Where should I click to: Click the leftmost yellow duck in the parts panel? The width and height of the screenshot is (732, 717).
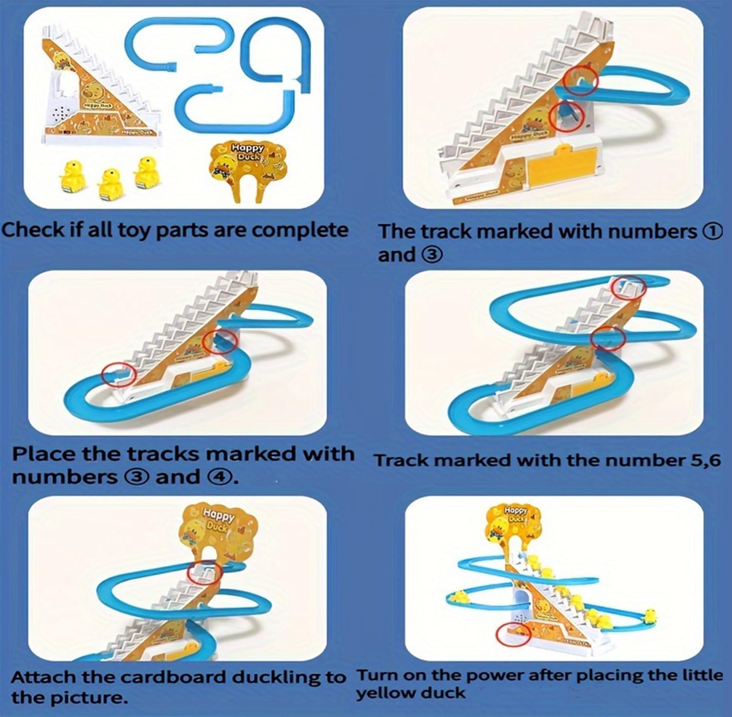coord(72,176)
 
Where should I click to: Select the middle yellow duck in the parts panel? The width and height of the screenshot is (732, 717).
coord(110,183)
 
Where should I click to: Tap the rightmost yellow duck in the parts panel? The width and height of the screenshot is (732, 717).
coord(145,171)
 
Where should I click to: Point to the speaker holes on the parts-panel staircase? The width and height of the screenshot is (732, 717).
coord(61,114)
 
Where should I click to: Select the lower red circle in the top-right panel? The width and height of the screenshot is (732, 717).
coord(566,117)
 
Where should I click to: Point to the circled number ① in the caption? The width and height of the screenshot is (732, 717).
coord(712,231)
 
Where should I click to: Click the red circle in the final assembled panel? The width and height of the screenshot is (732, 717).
coord(513,635)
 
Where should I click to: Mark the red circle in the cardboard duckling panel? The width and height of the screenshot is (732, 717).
coord(204,572)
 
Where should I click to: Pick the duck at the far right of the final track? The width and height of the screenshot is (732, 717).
coord(650,616)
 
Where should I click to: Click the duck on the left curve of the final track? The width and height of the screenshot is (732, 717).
coord(459,596)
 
